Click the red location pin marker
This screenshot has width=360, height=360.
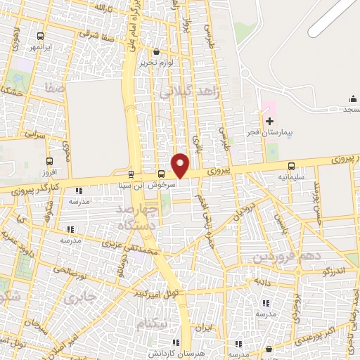coord(181,165)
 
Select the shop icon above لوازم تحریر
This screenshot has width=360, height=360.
coord(156,51)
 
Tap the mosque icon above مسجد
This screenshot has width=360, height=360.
coord(353,98)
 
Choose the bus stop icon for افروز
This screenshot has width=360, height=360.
coord(49,160)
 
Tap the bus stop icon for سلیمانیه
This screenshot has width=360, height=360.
coord(292,167)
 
